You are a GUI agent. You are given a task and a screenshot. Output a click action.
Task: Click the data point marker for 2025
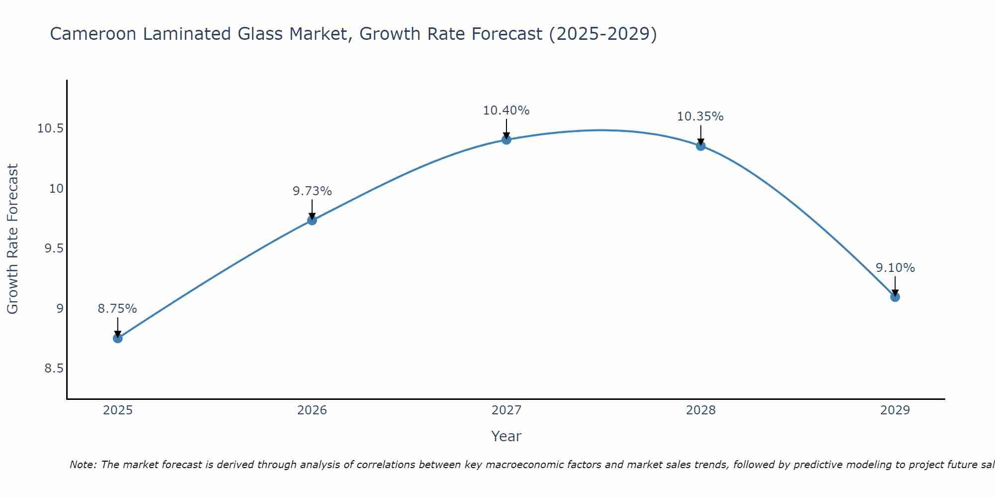tap(117, 338)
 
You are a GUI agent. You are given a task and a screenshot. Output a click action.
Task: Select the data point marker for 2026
tap(312, 220)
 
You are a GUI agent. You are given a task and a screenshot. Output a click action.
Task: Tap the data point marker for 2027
tap(506, 139)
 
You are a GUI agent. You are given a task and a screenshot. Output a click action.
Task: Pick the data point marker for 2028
tap(700, 146)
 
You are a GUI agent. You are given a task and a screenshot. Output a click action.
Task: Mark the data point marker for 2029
tap(895, 297)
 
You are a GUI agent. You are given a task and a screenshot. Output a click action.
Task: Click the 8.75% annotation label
tap(117, 309)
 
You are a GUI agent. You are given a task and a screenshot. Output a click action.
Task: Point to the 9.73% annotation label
tap(312, 191)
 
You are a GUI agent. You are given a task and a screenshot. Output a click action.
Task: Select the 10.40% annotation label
tap(506, 111)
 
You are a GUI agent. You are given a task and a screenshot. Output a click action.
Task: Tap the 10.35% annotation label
tap(700, 117)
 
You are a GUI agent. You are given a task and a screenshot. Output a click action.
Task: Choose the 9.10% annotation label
tap(895, 268)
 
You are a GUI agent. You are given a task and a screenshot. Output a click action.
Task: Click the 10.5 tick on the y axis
tap(51, 128)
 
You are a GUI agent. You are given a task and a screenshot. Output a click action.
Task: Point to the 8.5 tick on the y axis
tap(54, 369)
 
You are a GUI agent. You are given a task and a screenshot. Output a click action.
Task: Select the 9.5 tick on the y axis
tap(54, 249)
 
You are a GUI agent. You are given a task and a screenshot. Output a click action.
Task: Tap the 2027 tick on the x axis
tap(506, 410)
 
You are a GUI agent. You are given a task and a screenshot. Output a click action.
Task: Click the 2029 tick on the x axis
tap(895, 410)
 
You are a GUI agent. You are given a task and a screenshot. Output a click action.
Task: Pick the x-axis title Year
tap(506, 436)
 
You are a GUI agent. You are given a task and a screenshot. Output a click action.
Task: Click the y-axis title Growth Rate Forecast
tap(12, 239)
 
